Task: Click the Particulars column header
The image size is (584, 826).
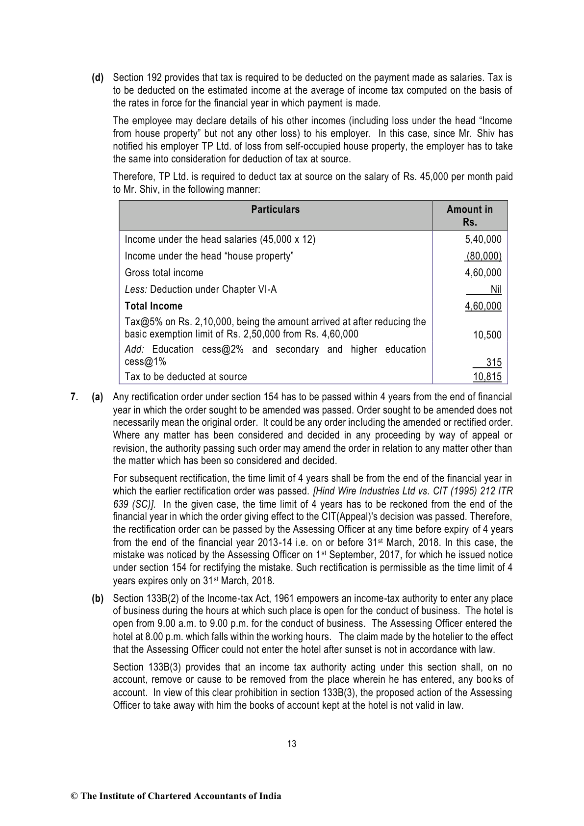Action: click(275, 209)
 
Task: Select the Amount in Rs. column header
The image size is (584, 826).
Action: click(469, 215)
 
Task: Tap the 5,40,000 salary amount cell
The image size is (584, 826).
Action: click(483, 239)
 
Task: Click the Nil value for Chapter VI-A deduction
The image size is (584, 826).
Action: click(496, 289)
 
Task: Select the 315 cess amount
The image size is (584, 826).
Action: click(493, 362)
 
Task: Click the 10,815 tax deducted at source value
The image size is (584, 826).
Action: click(487, 377)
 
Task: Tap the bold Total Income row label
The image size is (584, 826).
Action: click(153, 306)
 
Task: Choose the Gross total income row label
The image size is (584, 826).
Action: click(164, 273)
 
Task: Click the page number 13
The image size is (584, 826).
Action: click(292, 744)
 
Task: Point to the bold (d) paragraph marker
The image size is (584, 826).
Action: click(98, 77)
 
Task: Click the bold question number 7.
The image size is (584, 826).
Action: click(74, 397)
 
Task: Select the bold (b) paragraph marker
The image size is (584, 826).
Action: click(98, 598)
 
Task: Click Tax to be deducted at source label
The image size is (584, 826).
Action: click(186, 377)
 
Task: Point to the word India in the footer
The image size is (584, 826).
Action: click(270, 796)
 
